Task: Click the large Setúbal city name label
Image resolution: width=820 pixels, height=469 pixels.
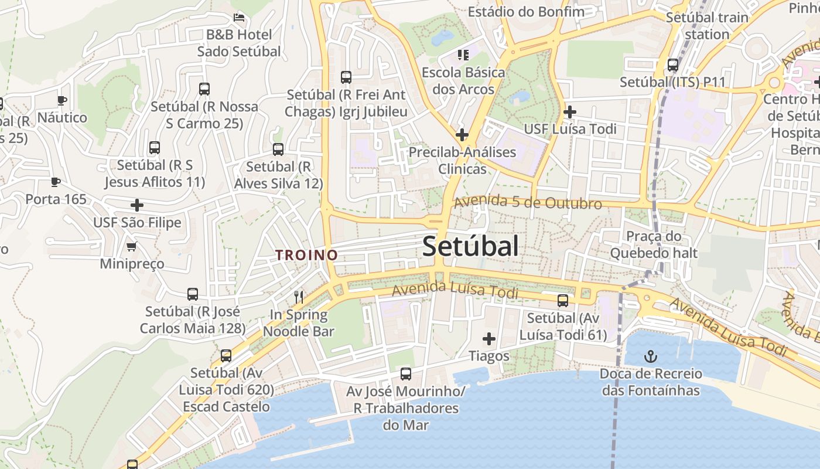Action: coord(470,246)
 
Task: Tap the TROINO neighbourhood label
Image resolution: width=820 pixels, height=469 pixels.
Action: coord(307,255)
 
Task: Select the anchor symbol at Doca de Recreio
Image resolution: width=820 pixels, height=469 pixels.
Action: coord(650,356)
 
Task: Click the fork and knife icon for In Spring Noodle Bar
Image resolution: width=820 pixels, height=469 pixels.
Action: coord(299,297)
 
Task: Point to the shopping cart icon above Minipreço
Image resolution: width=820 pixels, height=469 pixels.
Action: coord(131,246)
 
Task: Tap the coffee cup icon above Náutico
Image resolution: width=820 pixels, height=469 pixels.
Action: coord(62,100)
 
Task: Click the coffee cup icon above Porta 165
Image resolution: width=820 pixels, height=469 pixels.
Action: coord(56,182)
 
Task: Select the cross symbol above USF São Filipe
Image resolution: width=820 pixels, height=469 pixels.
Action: coord(136,205)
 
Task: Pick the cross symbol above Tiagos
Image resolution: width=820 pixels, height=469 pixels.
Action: coord(488,339)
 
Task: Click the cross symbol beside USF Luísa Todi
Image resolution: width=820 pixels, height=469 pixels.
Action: coord(569,111)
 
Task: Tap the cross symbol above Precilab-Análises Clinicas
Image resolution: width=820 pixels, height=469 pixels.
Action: coord(462,135)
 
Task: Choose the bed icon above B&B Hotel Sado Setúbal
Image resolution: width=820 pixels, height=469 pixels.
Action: coord(238,17)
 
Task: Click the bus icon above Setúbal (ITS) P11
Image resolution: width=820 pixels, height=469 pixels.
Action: coord(673,65)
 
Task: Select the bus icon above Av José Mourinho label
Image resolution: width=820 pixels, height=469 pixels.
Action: coord(405,373)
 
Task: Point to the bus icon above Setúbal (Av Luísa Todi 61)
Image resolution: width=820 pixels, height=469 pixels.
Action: coord(563,301)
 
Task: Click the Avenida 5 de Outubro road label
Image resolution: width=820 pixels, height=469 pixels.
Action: coord(528,203)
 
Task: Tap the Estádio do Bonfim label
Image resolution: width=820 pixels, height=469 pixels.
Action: coord(525,12)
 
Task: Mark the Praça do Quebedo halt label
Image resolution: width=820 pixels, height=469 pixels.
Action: coord(654,244)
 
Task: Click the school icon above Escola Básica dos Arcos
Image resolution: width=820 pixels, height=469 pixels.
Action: coord(463,55)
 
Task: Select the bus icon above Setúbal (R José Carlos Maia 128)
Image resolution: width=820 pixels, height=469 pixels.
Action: coord(192,294)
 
